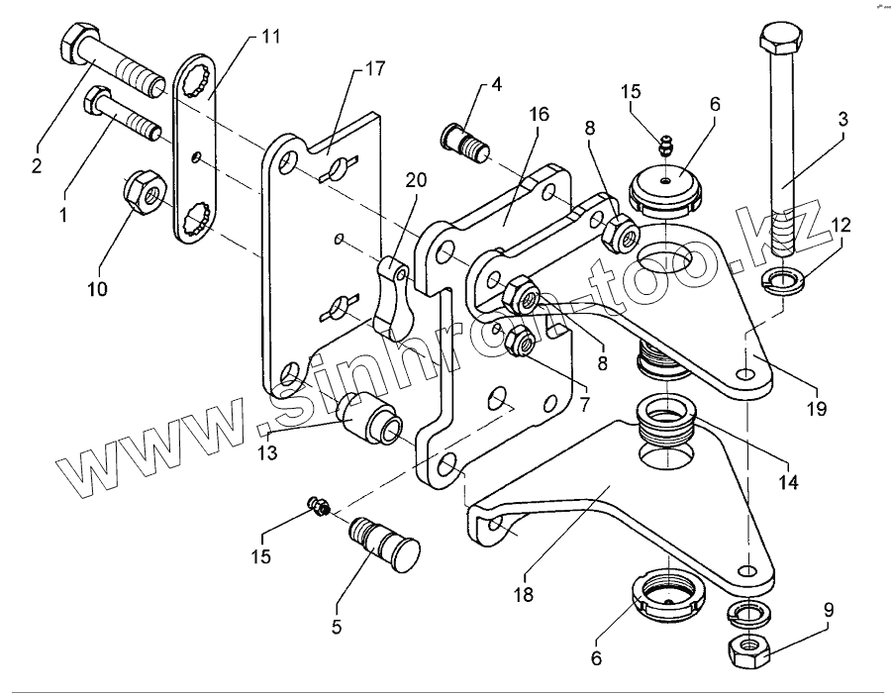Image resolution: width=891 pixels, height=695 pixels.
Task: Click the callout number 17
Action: pyautogui.click(x=375, y=69)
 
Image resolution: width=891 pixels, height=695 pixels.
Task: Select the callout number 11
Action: pyautogui.click(x=271, y=37)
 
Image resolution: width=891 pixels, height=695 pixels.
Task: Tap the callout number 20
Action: pyautogui.click(x=417, y=179)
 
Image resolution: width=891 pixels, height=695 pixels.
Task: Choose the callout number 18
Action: pyautogui.click(x=522, y=595)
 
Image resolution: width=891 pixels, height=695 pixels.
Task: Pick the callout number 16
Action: pyautogui.click(x=538, y=114)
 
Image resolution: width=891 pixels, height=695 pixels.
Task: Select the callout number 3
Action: pyautogui.click(x=842, y=118)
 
